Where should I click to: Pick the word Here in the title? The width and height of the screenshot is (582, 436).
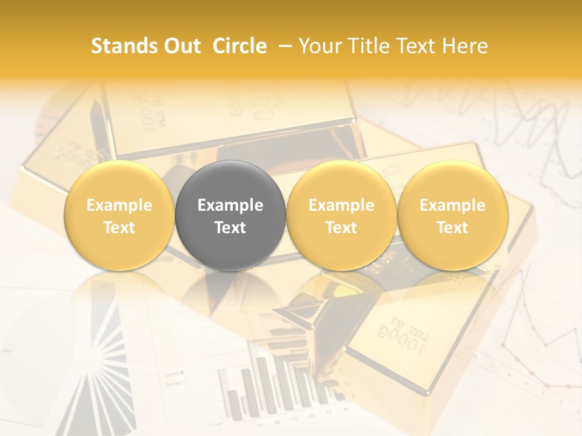point(465,46)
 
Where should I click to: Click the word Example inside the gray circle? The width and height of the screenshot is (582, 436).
point(230,205)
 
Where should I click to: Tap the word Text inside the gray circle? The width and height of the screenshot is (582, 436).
point(230,228)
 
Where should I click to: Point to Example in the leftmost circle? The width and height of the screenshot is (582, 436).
point(119,205)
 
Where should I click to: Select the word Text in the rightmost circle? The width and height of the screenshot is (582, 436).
point(452,228)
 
